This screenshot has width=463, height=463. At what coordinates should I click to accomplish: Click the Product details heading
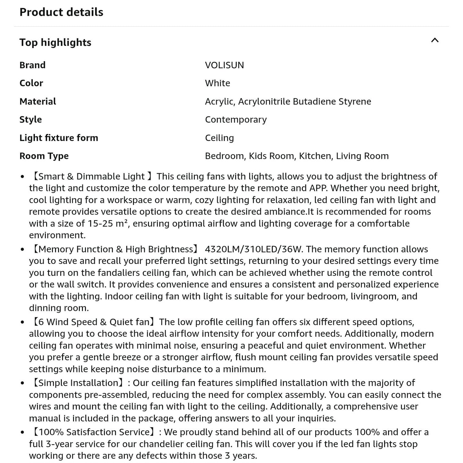[x=61, y=12]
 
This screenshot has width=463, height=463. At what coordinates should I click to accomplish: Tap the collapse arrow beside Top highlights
[x=434, y=40]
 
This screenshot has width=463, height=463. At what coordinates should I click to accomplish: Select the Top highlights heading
[x=55, y=42]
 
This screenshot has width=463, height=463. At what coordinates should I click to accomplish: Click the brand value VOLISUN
[x=224, y=65]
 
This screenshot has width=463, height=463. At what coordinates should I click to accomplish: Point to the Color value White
[x=217, y=83]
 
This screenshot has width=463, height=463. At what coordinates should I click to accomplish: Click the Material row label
[x=37, y=101]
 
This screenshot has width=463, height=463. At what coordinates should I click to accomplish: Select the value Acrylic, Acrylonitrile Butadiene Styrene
[x=288, y=101]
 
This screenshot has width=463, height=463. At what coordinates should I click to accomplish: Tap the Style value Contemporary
[x=236, y=120]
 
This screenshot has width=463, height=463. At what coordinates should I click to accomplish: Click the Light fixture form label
[x=59, y=138]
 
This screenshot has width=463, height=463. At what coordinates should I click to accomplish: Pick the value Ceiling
[x=219, y=138]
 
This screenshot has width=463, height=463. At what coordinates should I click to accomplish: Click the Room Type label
[x=44, y=156]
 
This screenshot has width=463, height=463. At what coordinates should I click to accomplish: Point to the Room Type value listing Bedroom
[x=296, y=156]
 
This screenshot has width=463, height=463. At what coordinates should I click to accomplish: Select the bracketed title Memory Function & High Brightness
[x=116, y=249]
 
